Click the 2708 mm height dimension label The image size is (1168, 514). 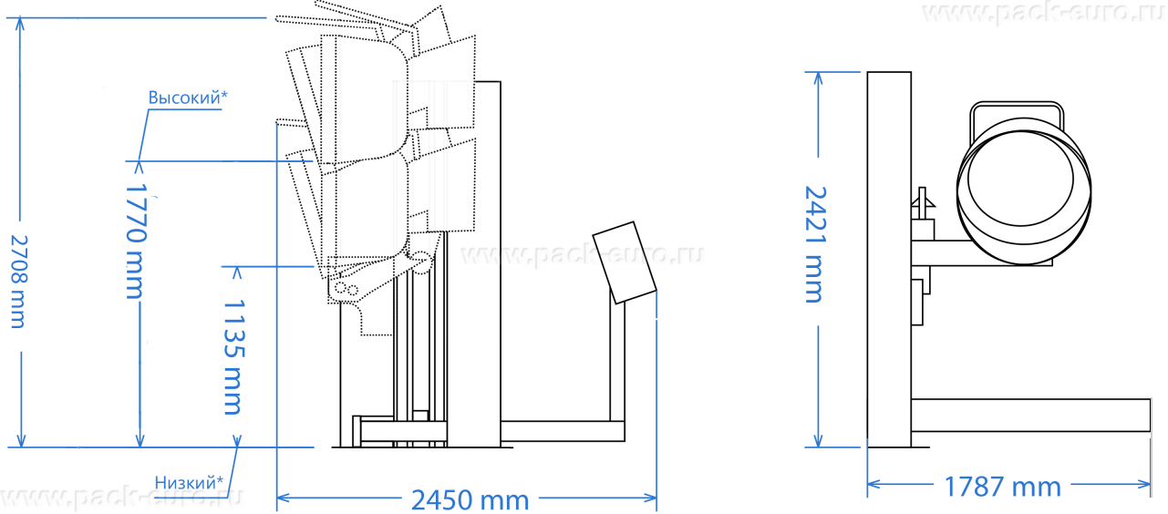pos(19,282)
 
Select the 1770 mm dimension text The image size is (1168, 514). pos(136,241)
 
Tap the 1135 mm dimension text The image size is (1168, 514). pos(234,357)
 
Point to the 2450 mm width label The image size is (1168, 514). pos(470,500)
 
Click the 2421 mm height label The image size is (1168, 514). pos(815,244)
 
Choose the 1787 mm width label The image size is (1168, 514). pos(1002,487)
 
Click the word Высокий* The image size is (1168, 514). pos(188,98)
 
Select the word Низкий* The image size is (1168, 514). pos(189,482)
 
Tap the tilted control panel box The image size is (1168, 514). pos(625,262)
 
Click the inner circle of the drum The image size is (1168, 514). pos(1020,179)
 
